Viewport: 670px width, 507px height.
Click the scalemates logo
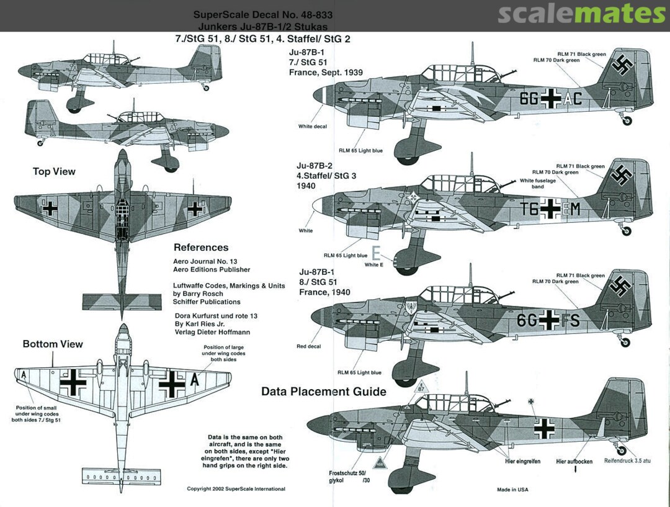(581, 14)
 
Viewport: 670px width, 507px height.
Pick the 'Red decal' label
(309, 346)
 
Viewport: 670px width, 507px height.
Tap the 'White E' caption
(374, 265)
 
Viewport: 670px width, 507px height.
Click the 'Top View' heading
(54, 172)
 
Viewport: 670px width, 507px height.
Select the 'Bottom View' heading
(53, 344)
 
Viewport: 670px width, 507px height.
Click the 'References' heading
(201, 248)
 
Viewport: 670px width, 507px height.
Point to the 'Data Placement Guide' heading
(324, 392)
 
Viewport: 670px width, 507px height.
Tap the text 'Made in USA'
(512, 490)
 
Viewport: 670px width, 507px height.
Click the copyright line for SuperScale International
(236, 489)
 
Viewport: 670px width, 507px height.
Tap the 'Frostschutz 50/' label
(347, 473)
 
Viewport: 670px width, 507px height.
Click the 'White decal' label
(313, 127)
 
